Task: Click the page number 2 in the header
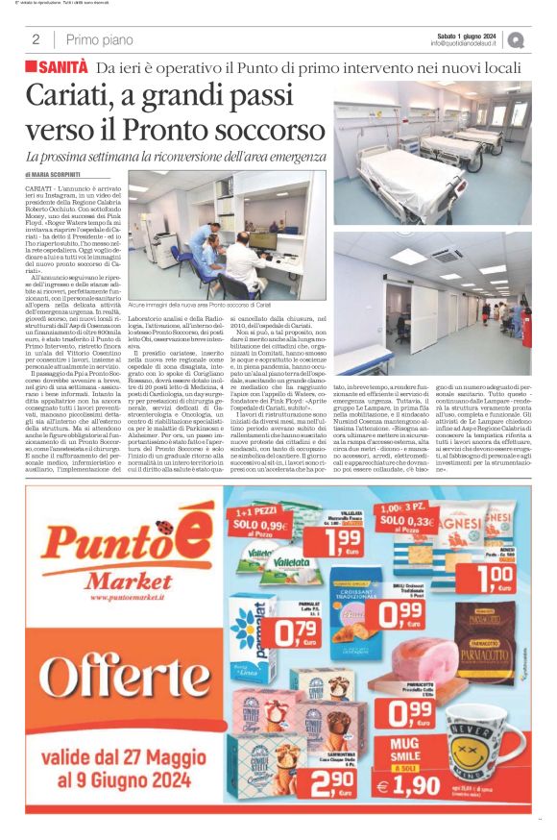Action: coord(36,39)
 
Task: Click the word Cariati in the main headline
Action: coord(68,97)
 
